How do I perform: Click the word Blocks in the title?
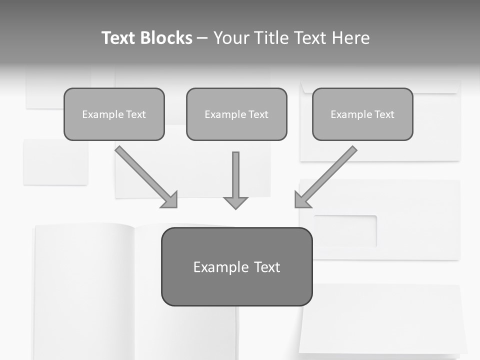pos(167,38)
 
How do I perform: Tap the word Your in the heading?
pos(230,38)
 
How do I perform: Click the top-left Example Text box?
pos(114,114)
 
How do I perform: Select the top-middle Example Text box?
pos(236,114)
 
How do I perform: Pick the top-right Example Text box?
pos(362,114)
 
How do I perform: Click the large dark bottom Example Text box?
pos(236,266)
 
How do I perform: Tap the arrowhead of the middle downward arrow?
pos(235,202)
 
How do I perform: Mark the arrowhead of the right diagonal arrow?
pos(301,200)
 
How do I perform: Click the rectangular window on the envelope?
pos(345,231)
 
